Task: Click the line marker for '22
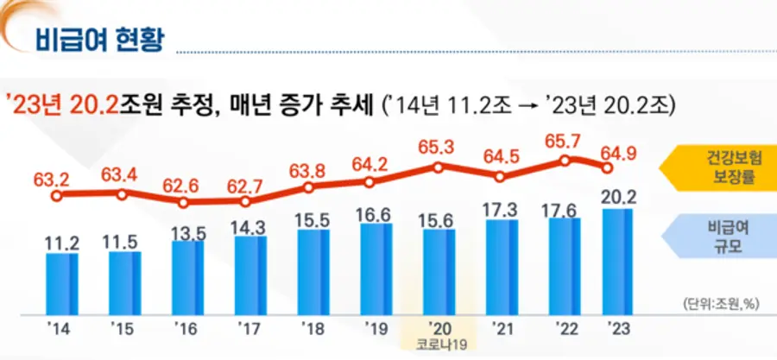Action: pos(563,161)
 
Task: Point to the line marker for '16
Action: pos(184,203)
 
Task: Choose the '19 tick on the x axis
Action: pos(373,328)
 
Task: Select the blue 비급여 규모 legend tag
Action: pos(721,239)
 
